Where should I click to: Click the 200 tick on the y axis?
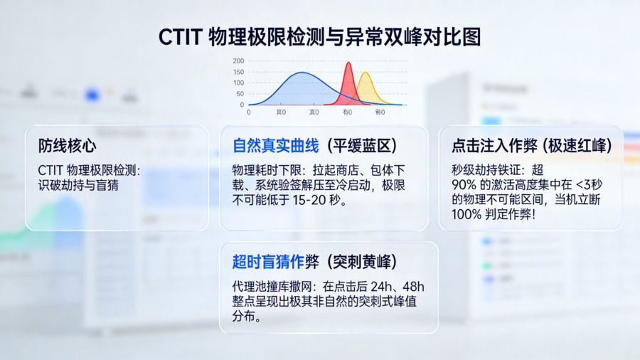[x=238, y=61]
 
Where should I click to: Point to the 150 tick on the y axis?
[x=238, y=72]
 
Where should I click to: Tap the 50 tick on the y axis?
[x=240, y=94]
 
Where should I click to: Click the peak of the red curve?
[x=348, y=64]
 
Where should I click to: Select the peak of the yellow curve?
[x=365, y=73]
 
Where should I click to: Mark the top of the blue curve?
[x=303, y=73]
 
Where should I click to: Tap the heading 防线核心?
[x=68, y=146]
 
